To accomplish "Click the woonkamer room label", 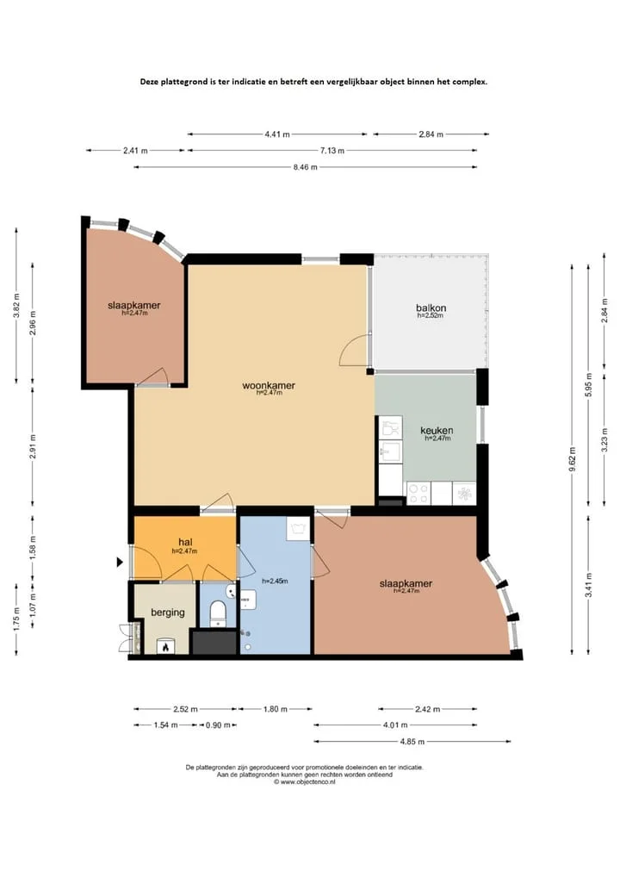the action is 269,386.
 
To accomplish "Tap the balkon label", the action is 431,308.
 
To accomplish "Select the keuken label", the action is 437,430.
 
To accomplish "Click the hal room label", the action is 185,542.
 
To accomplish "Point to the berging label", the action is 168,613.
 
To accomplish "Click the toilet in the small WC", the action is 217,613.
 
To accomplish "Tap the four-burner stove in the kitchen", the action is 418,494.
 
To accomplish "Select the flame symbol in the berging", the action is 165,647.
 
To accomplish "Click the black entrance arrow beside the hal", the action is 120,562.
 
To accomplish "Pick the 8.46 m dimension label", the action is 305,167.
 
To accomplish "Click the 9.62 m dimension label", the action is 572,459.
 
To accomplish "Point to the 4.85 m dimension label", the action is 412,742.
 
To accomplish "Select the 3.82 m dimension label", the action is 16,305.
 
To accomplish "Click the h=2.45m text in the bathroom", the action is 275,582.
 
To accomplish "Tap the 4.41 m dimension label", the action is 277,134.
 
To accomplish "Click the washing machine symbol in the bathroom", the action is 298,529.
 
